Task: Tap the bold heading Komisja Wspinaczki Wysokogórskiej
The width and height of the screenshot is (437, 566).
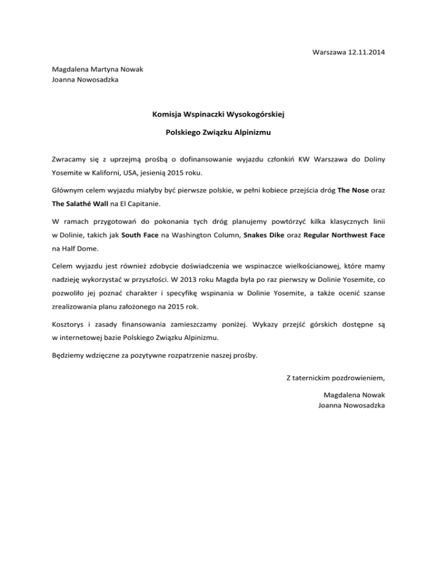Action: pos(218,114)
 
